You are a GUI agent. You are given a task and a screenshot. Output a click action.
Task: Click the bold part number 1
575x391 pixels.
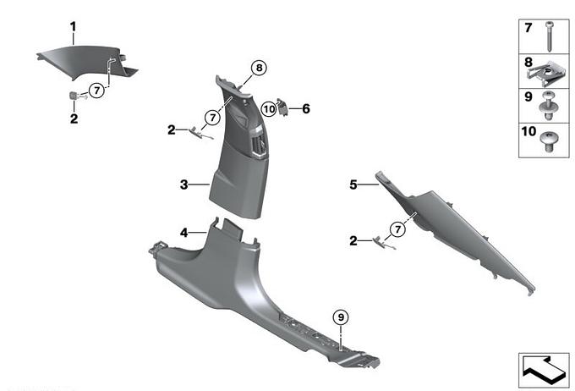74,27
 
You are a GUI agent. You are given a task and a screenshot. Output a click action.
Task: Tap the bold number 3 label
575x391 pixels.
183,184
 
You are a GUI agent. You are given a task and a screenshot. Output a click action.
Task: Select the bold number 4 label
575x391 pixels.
183,233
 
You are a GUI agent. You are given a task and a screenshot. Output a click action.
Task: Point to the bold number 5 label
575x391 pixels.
353,184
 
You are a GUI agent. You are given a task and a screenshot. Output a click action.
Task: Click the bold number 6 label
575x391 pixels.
306,108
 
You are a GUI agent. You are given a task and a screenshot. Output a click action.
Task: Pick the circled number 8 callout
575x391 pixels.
260,68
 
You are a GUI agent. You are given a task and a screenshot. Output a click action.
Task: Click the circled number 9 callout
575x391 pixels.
341,317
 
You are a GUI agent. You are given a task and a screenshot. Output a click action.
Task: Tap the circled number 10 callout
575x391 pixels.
269,109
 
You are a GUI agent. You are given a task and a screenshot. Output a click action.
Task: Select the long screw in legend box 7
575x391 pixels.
550,36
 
